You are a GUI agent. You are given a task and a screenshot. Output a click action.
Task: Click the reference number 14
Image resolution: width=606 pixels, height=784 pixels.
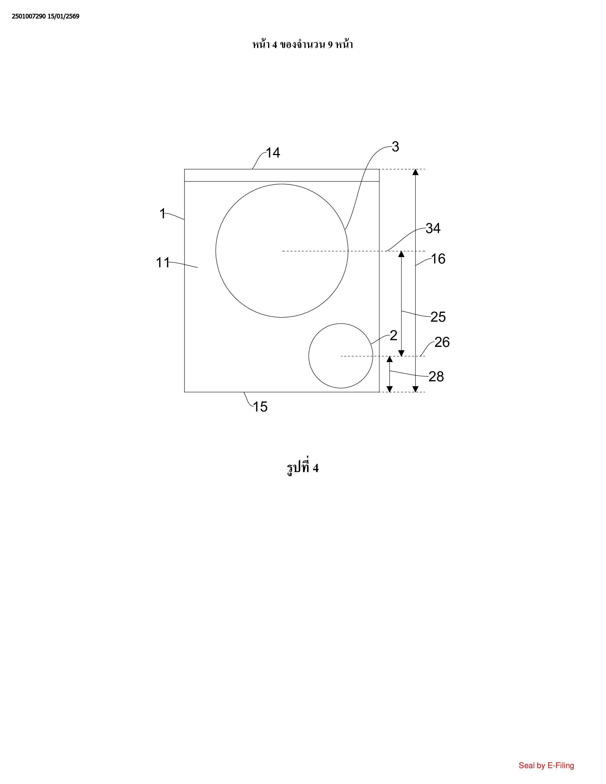(273, 153)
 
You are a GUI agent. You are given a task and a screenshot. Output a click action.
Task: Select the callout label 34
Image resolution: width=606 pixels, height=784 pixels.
(433, 228)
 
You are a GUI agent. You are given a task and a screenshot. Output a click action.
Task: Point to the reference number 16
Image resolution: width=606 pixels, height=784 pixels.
(438, 259)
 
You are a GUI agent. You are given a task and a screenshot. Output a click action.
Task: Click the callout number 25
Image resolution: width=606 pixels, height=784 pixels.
(438, 317)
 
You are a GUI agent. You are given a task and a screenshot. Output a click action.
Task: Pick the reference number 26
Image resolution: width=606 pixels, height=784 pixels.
(442, 342)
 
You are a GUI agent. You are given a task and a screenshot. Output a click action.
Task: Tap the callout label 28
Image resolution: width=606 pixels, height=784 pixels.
(436, 377)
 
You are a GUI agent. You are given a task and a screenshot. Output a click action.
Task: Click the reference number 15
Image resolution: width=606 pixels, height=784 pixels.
(260, 407)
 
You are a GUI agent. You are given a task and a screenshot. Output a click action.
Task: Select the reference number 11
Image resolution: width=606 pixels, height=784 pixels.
(163, 263)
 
